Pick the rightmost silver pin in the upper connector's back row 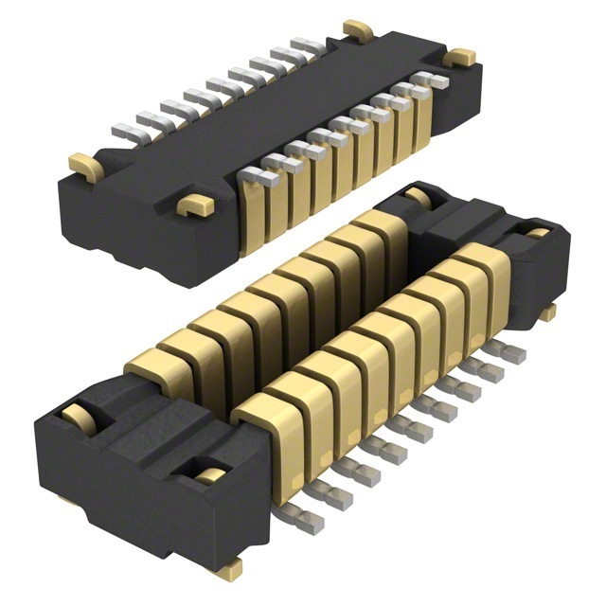click(x=306, y=45)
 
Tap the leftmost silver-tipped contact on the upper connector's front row click(x=253, y=175)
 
